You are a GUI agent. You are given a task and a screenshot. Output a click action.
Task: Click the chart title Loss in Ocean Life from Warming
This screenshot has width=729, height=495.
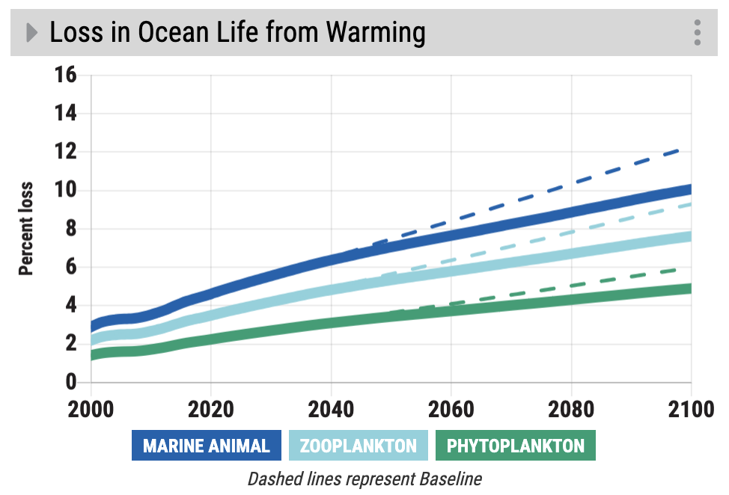click(237, 33)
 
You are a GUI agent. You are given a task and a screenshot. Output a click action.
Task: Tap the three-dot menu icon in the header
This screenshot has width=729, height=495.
click(698, 33)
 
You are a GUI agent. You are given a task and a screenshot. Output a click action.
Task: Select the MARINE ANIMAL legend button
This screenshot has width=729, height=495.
click(207, 446)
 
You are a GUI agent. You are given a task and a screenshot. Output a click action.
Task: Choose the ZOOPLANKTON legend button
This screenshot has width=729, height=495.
click(359, 446)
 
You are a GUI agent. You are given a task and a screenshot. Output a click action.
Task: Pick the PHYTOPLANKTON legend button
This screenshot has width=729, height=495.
click(516, 446)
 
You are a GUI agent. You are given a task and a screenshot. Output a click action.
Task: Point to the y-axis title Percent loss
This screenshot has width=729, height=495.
click(26, 229)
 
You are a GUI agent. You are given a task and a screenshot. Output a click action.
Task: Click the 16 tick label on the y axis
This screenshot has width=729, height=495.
click(66, 76)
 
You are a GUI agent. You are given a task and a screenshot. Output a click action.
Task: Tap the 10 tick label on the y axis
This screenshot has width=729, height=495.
click(66, 191)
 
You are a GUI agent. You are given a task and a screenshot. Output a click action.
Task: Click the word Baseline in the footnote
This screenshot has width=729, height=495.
click(451, 479)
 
